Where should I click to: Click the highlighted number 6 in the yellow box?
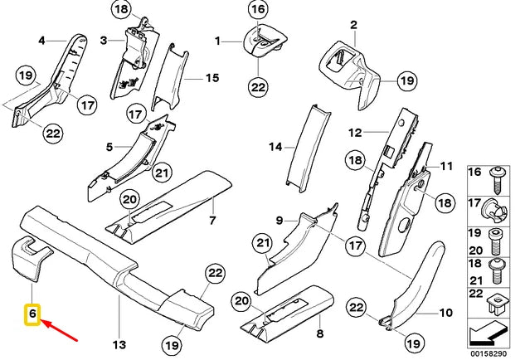(32, 315)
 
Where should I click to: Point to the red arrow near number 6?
(61, 330)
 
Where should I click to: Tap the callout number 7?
(211, 221)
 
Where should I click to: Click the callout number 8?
(318, 334)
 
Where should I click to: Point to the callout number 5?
(109, 148)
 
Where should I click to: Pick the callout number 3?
(105, 40)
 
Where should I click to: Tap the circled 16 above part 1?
(258, 11)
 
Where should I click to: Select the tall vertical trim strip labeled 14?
(299, 145)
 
